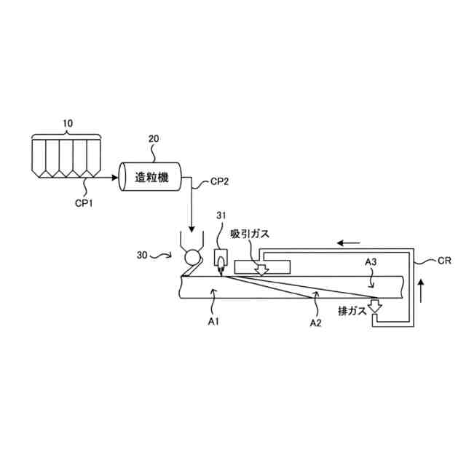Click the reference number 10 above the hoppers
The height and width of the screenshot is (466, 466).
[68, 123]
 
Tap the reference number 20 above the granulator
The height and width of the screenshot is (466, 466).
[154, 138]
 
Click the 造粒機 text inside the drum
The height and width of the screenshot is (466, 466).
[152, 178]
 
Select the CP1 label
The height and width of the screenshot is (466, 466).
[84, 203]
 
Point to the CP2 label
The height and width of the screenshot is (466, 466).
[220, 181]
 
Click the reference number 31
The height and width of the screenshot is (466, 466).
[221, 216]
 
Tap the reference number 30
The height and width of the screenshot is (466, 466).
[142, 255]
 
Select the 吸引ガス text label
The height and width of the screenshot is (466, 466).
[250, 234]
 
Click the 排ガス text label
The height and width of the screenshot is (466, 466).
[352, 311]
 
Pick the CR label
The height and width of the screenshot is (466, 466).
[444, 261]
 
